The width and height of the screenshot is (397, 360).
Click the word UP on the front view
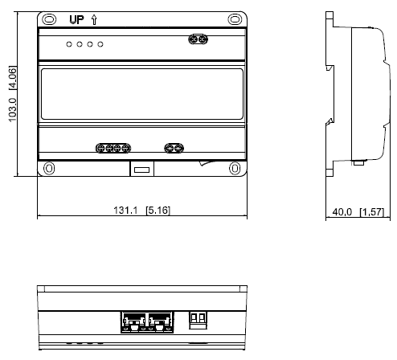pos(76,19)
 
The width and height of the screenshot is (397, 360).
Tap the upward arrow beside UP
pos(94,19)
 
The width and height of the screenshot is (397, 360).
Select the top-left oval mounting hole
pos(49,19)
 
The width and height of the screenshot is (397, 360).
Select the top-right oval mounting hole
pos(235,19)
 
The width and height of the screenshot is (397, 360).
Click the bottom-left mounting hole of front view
pos(49,169)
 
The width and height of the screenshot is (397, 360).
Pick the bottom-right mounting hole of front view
pos(235,169)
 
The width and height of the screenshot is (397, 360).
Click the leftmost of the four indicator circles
pos(69,44)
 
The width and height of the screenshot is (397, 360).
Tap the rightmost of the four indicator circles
pos(100,44)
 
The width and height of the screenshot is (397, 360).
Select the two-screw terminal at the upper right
pos(198,39)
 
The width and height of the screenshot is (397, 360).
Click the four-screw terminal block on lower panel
pos(113,148)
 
